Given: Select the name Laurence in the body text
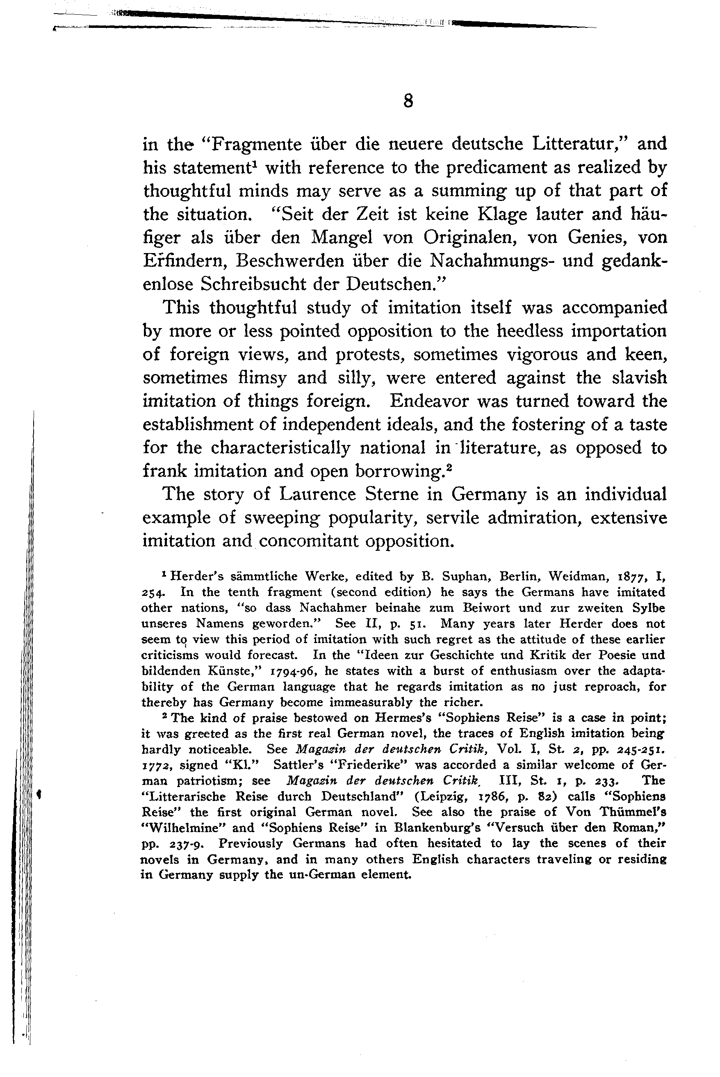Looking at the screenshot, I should [x=318, y=494].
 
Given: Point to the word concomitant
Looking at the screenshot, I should [x=309, y=541].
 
